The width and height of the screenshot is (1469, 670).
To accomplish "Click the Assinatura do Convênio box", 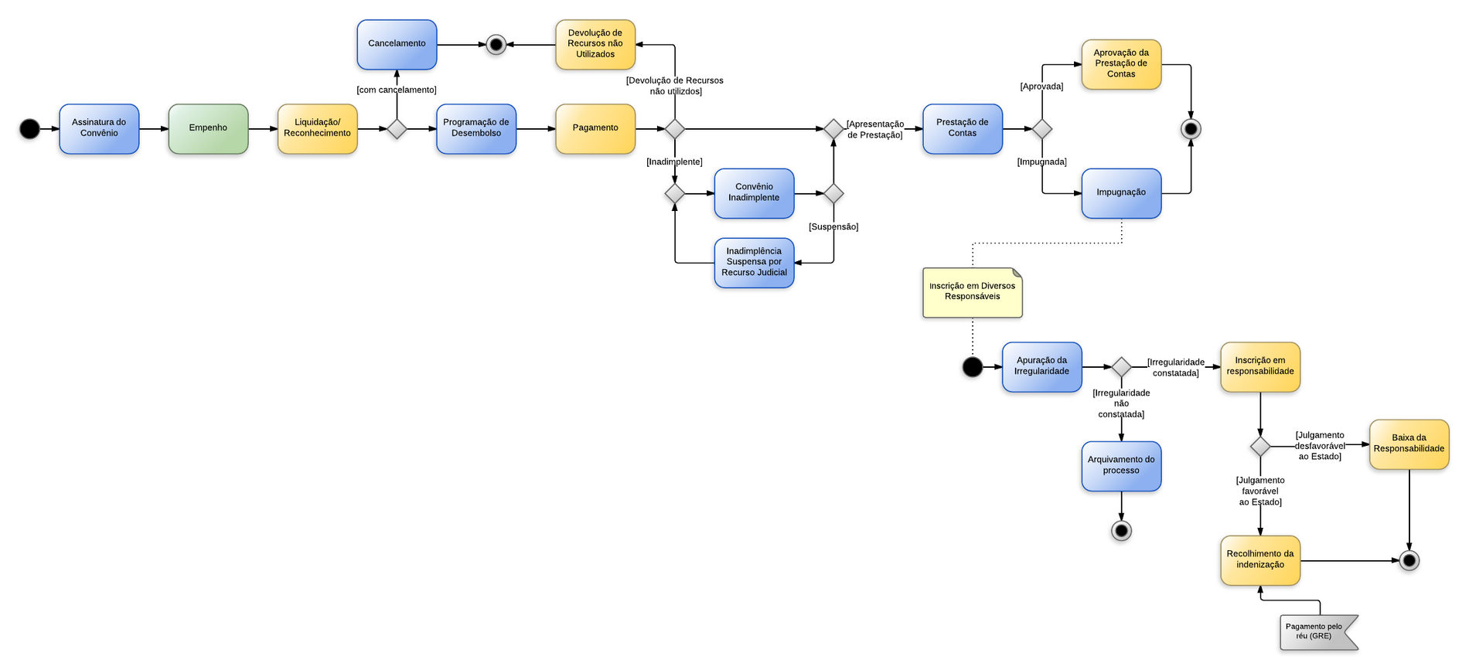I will coord(99,128).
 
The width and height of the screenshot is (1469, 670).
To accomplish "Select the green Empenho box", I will coord(208,128).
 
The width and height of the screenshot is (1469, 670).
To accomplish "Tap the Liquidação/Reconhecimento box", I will coord(317,128).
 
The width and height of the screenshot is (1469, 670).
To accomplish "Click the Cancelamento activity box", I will coord(397,44).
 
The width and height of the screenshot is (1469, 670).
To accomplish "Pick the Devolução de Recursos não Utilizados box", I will coord(595,44).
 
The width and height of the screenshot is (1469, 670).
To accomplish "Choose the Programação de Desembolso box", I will coord(476,128).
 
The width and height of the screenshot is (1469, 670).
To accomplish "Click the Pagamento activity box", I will coord(595,128).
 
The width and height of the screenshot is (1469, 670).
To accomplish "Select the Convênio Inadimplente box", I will coord(754,192).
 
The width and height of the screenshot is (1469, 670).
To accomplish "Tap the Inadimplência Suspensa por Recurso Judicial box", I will coord(754,262).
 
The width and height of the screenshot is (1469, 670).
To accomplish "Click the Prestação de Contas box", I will coord(963,128).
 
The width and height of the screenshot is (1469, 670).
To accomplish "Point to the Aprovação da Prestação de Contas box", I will coord(1121,64).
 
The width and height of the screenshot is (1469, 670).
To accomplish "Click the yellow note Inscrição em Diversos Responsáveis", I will coord(972,292).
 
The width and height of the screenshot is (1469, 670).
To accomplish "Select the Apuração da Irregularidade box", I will coord(1041,366).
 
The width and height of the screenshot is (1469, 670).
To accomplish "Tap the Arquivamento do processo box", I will coord(1121,465).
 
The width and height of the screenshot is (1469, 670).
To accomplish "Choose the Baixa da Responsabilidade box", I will coord(1409,444).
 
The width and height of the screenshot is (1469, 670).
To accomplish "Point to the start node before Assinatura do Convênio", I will coord(29,129).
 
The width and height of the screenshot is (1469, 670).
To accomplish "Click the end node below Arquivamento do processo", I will coord(1121,531).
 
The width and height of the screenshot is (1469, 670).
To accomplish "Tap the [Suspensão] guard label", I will coord(833,227).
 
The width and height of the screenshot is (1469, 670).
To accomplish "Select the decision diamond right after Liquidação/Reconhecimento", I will coord(397,129).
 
